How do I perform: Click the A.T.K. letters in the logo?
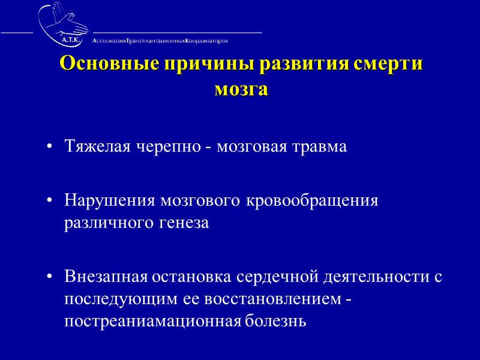coord(73,40)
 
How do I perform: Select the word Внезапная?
coord(106,277)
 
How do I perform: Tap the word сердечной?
coord(275,277)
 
